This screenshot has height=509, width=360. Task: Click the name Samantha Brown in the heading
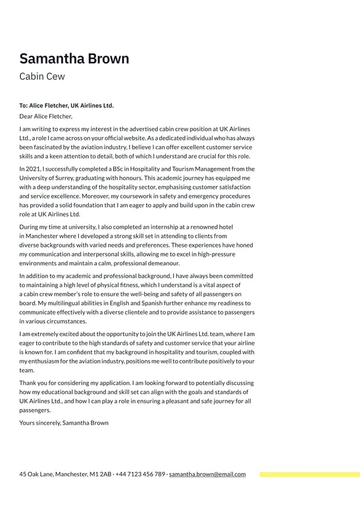[74, 59]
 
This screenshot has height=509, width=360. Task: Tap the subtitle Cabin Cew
[42, 77]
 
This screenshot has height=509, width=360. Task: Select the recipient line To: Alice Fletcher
[67, 106]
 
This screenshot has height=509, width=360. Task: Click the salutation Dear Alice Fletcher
[46, 115]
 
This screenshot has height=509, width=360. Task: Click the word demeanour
[163, 263]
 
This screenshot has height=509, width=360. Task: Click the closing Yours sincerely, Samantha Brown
[63, 423]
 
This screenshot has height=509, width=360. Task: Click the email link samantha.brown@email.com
[207, 474]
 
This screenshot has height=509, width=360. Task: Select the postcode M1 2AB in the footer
[101, 474]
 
